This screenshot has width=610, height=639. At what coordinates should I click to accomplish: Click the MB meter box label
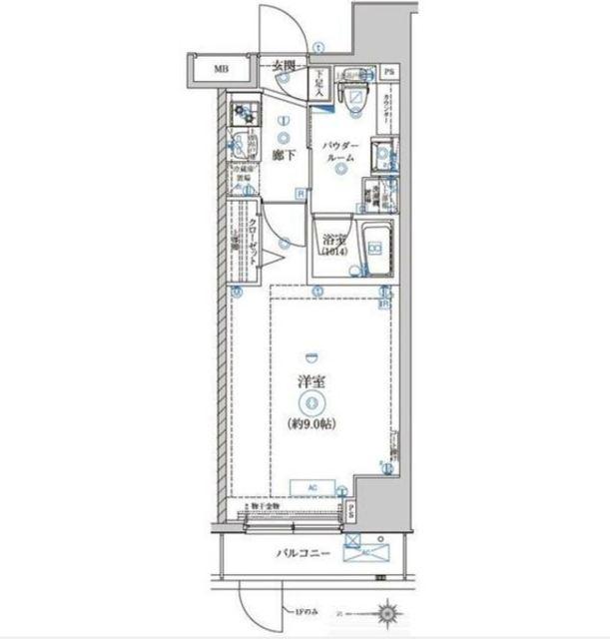point(218,70)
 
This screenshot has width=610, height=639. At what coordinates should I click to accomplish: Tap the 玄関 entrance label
point(285,67)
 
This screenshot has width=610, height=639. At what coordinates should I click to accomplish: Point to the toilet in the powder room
point(354,94)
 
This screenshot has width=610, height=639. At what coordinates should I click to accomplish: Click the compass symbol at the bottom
point(388,607)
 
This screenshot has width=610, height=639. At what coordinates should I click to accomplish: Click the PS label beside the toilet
point(390,72)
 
